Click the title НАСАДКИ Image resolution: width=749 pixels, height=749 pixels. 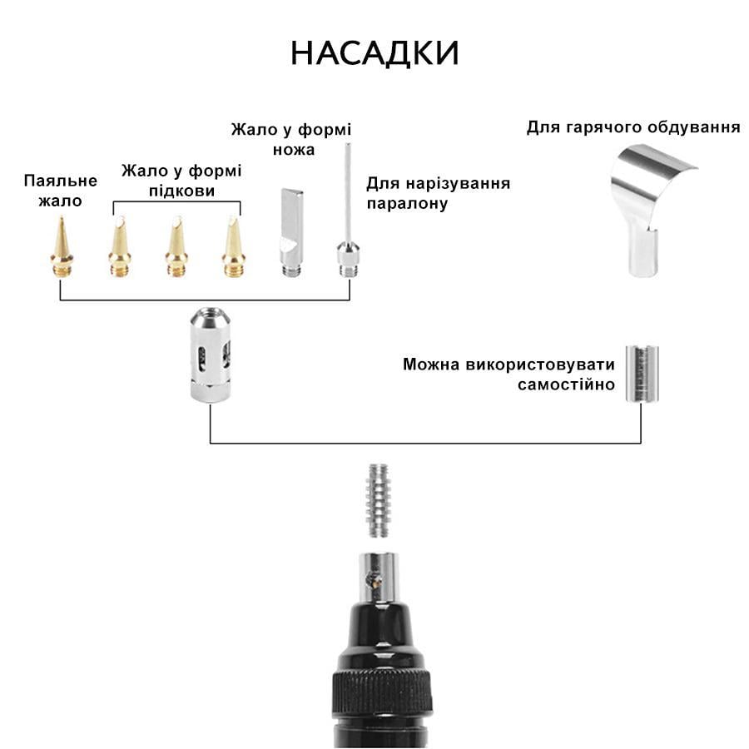coord(374,53)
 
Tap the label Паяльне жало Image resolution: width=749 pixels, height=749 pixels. coord(61,191)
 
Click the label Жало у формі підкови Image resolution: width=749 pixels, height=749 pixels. coord(181,181)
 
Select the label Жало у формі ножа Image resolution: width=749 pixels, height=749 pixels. coord(291,140)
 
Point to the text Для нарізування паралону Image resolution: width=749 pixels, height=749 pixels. coord(438,193)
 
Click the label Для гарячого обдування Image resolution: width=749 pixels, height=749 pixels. coord(633,127)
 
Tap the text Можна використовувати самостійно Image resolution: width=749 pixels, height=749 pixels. coord(508,374)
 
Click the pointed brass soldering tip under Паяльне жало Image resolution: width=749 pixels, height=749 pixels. coord(62,246)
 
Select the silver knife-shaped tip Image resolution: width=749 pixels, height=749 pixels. coord(290,229)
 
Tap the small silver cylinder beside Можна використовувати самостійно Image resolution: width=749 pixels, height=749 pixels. coord(638,374)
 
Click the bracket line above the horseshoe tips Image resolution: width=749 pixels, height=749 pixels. coord(176,201)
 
